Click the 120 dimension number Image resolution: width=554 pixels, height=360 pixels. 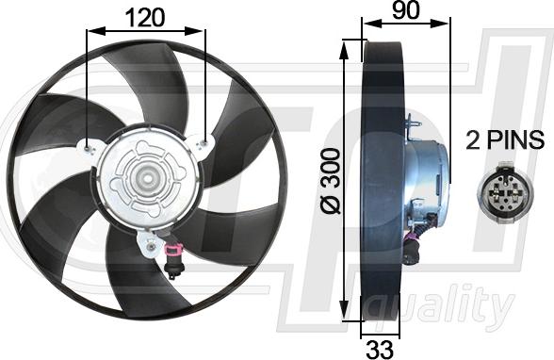coord(145,18)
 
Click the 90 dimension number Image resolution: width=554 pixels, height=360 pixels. coord(406,9)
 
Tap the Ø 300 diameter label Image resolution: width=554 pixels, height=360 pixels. coord(330,181)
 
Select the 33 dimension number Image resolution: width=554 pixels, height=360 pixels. coord(380,350)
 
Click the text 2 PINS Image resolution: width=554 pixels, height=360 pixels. coord(505,139)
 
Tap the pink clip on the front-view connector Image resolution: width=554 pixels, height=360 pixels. coord(172,250)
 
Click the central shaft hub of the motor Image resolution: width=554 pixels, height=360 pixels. coord(146,177)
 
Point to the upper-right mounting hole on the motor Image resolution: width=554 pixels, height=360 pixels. coord(204,143)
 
